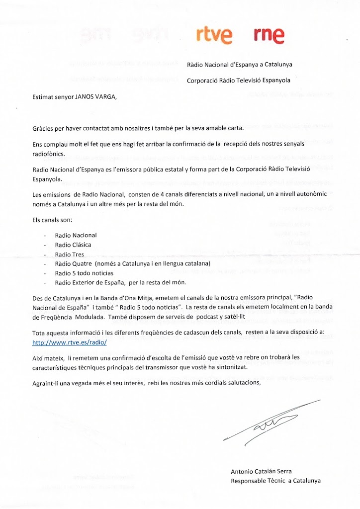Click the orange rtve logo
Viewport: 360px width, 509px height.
coord(214,34)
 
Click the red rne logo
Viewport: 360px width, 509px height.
coord(269,34)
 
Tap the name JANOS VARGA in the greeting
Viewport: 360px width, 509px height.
coord(93,96)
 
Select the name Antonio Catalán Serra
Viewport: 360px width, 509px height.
coord(261,471)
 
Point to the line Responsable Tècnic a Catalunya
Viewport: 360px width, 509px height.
coord(275,481)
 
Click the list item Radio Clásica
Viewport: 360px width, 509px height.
coord(73,245)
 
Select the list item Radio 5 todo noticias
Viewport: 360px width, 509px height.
coord(85,273)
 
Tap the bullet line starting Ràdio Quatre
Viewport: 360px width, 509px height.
coord(126,263)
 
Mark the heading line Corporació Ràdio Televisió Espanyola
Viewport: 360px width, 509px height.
coord(239,80)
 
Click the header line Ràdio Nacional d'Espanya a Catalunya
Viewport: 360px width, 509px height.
coord(239,65)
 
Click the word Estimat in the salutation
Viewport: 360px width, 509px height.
coord(43,96)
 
